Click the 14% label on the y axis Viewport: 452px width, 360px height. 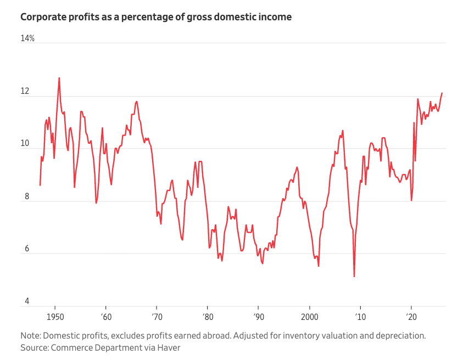click(x=27, y=38)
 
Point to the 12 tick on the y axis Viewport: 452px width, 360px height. click(x=25, y=91)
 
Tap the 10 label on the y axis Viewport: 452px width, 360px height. click(x=25, y=143)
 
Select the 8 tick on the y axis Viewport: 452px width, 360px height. click(x=27, y=196)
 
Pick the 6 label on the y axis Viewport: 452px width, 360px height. click(x=27, y=249)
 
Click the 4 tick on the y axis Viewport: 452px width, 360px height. click(x=27, y=301)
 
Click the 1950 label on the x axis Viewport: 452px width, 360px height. click(x=55, y=317)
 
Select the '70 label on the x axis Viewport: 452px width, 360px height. click(x=157, y=317)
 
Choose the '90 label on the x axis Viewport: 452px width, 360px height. click(x=259, y=317)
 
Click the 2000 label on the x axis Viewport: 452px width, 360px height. click(x=310, y=317)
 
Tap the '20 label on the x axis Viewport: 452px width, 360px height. click(x=411, y=317)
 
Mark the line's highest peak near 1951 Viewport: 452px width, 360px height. click(x=59, y=78)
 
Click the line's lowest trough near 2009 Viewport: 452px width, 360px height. click(x=354, y=277)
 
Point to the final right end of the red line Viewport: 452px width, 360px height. click(x=442, y=93)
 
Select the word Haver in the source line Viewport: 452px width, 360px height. click(x=169, y=347)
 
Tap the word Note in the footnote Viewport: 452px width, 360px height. click(x=30, y=336)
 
